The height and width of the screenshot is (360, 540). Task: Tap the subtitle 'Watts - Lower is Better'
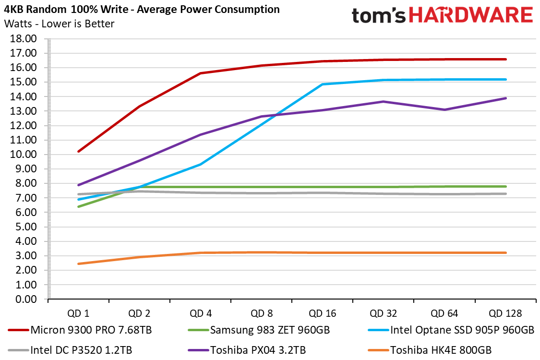point(59,24)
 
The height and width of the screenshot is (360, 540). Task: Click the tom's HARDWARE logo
point(442,15)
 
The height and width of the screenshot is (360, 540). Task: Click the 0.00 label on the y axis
point(26,299)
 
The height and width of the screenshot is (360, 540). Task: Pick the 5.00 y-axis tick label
point(26,227)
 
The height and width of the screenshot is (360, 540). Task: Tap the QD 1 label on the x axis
point(78,313)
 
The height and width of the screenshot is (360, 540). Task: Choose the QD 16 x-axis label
point(322,313)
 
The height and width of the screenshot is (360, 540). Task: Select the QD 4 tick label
point(200,313)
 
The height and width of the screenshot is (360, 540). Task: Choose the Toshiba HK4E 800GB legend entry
point(441,350)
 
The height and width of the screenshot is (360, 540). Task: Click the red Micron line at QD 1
point(78,151)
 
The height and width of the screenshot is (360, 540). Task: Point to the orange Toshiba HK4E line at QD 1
point(78,264)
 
